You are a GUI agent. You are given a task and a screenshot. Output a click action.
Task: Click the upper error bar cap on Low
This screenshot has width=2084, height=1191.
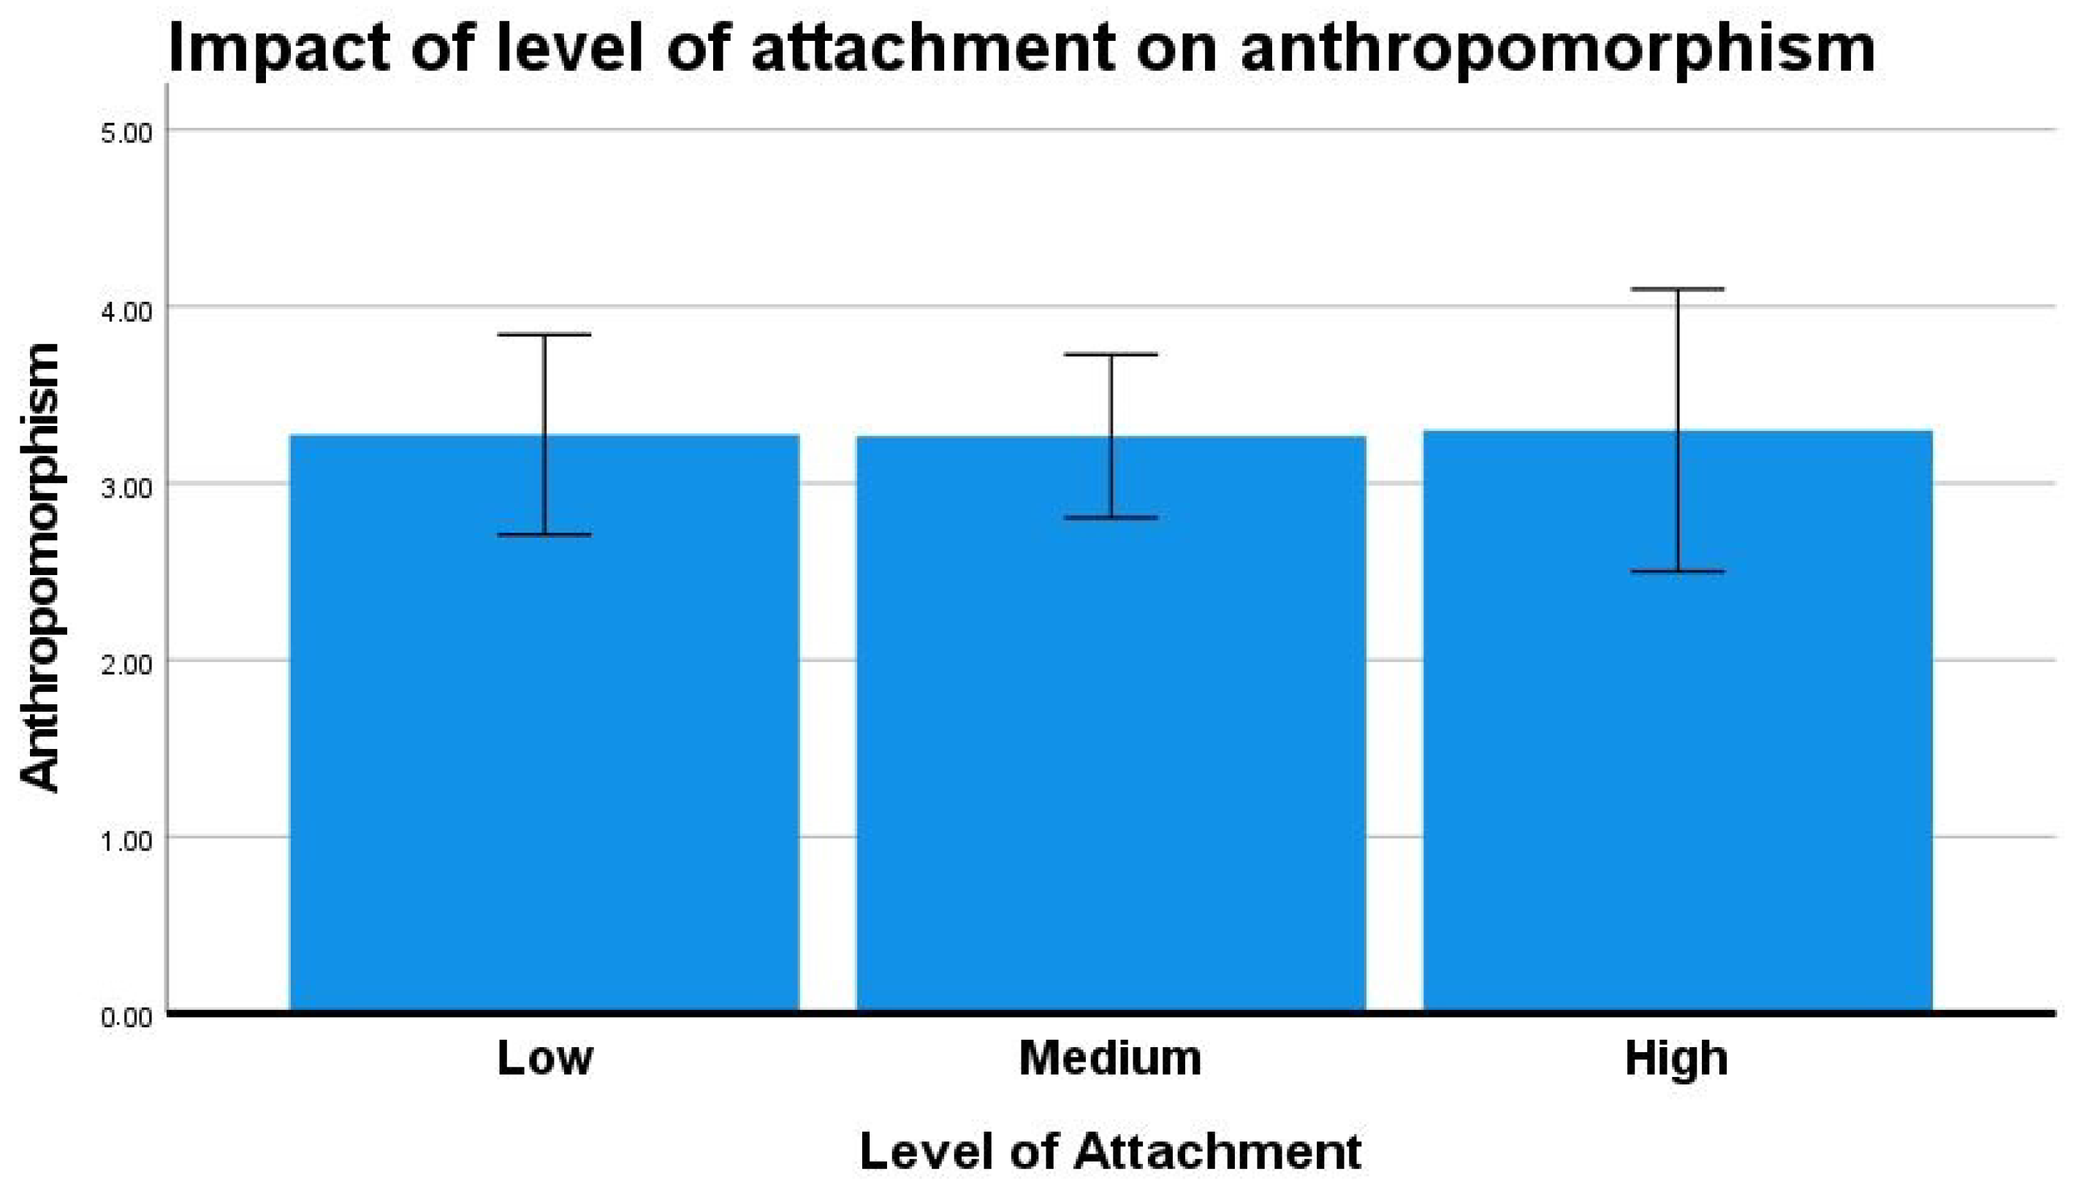coord(544,335)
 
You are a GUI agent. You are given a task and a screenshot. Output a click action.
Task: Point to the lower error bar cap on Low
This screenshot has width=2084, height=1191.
coord(544,535)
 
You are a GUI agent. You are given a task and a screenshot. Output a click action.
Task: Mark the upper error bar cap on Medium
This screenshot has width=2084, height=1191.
coord(1111,354)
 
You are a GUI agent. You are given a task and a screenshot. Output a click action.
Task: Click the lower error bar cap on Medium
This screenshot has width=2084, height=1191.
coord(1111,518)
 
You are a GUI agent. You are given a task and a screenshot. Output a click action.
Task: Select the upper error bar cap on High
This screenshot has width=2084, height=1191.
coord(1678,289)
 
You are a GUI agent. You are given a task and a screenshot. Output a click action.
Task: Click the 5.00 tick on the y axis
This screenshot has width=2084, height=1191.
coord(126,132)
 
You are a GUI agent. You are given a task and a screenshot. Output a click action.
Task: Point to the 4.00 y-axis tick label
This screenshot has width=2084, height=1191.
coord(126,310)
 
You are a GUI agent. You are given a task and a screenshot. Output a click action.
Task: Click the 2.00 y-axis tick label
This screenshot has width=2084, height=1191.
coord(126,663)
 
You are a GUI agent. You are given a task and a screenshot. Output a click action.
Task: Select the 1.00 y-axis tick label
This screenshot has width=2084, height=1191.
coord(126,840)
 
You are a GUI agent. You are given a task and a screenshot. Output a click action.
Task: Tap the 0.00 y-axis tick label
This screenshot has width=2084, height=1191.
coord(126,1018)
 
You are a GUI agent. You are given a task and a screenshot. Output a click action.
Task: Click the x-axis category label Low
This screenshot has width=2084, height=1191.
coord(544,1058)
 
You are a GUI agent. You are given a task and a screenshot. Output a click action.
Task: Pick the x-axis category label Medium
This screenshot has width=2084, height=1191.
coord(1111,1058)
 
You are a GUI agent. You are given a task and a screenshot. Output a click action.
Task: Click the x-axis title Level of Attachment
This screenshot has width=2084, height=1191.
coord(1111,1152)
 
